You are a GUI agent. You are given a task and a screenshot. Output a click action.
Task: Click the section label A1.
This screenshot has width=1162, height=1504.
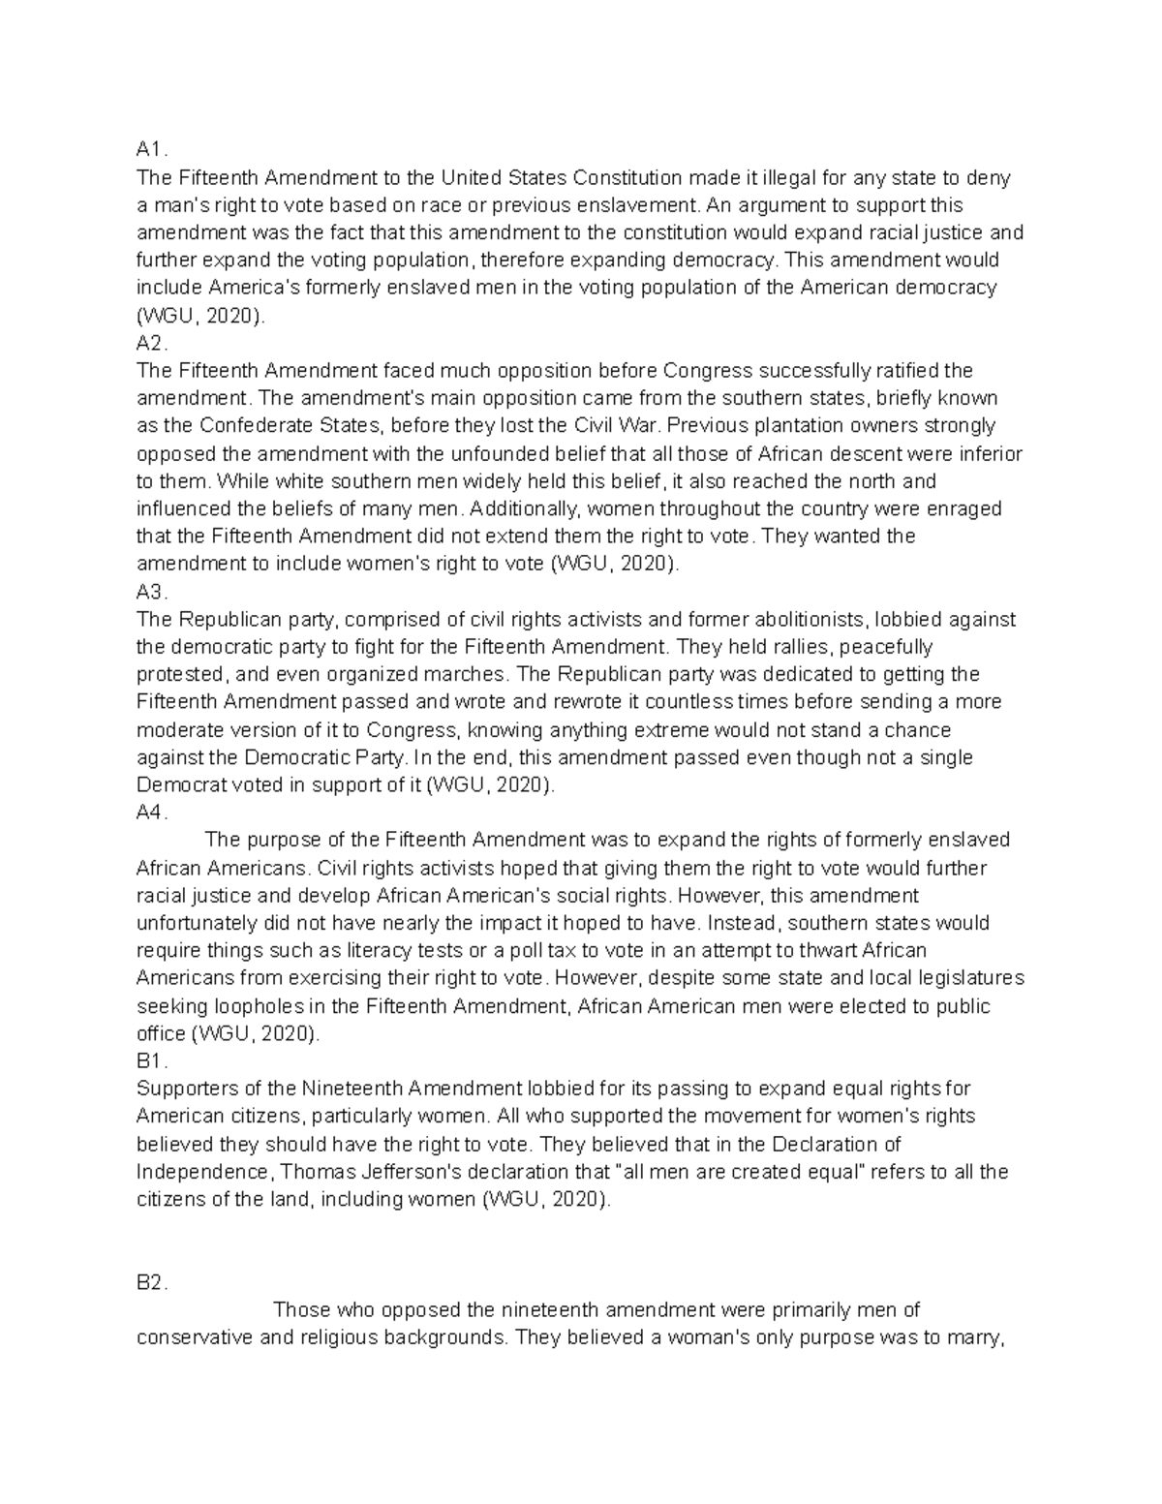tap(151, 150)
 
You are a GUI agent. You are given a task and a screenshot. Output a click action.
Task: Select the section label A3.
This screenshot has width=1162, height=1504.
tap(152, 592)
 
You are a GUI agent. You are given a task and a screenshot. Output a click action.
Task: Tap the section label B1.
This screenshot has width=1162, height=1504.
tap(152, 1061)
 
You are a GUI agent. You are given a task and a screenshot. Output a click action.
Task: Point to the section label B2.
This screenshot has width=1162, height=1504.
tap(152, 1282)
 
